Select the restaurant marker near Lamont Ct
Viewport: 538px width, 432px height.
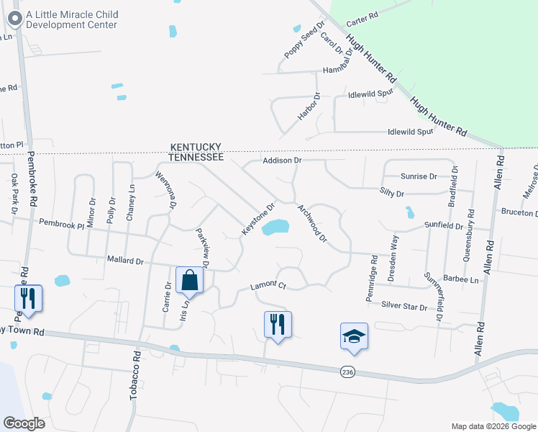click(x=278, y=325)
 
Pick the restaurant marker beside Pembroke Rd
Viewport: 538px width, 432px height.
click(x=28, y=298)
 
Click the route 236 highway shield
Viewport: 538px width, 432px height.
click(x=347, y=371)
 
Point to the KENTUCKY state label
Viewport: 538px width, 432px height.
click(x=194, y=145)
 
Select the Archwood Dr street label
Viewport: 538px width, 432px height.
click(x=312, y=222)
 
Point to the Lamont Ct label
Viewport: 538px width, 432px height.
click(x=268, y=287)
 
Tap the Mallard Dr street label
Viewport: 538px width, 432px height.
click(x=125, y=259)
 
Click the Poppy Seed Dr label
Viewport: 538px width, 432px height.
click(x=300, y=45)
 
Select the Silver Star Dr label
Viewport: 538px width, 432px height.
click(x=404, y=306)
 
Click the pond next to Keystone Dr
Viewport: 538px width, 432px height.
click(x=275, y=228)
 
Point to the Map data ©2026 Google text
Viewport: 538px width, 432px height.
click(x=492, y=426)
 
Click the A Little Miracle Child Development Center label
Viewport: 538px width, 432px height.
click(x=71, y=19)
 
